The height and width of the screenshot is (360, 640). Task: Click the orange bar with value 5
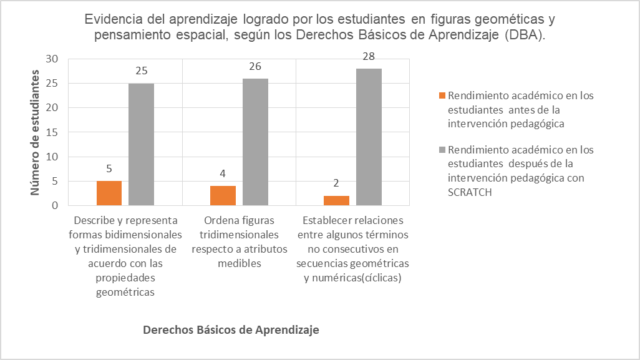coord(109,193)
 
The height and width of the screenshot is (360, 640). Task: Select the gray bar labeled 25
coord(142,144)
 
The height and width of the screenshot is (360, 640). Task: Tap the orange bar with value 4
coord(223,195)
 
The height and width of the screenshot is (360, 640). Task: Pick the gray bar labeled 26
coord(255,142)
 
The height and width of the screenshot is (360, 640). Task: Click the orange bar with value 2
coord(337,200)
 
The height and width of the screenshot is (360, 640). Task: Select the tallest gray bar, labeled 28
coord(369,137)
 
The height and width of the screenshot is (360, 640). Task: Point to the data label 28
coord(369,57)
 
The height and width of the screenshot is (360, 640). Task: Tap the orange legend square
coord(442,96)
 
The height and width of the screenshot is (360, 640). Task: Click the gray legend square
coord(442,150)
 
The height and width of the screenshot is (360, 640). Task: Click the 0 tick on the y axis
coord(55,205)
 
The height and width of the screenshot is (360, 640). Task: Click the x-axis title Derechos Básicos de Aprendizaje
coord(231,330)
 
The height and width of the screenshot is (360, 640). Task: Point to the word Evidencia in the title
coord(110,19)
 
